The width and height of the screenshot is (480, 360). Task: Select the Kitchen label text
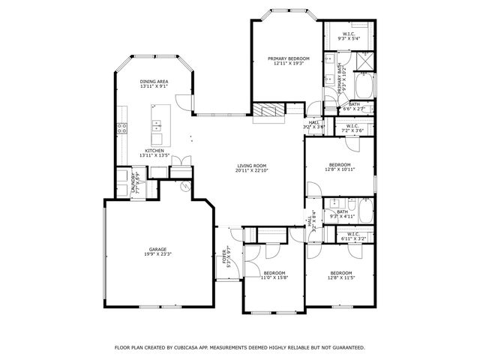(x=154, y=151)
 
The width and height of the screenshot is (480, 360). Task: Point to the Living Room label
(x=252, y=166)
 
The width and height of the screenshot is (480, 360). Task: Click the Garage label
(x=157, y=250)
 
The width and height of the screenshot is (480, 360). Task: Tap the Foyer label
(x=227, y=257)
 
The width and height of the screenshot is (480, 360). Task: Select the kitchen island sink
(x=157, y=125)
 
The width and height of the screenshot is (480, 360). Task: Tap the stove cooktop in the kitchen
(x=121, y=128)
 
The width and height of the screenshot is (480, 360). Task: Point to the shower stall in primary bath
(x=364, y=61)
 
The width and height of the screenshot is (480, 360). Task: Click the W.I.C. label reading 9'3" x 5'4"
(x=349, y=35)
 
